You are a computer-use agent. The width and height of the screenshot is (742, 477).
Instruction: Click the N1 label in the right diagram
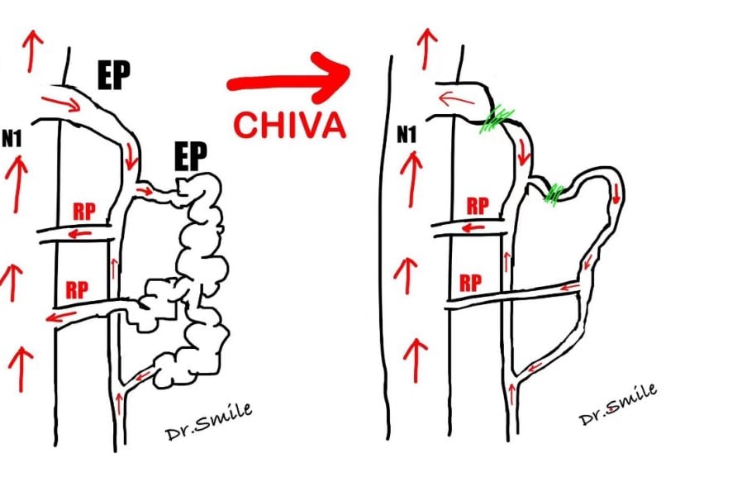406,132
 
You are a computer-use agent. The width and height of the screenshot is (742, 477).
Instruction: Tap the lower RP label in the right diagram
471,281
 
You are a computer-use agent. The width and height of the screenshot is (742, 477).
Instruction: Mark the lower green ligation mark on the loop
554,193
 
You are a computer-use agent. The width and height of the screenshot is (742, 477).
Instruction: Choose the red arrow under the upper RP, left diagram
79,235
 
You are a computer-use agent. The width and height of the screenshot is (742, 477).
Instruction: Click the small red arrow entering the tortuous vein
144,193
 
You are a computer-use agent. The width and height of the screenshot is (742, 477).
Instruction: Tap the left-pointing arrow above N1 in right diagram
452,99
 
